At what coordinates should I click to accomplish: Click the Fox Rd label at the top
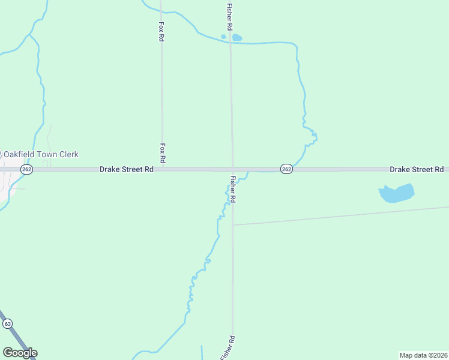[161, 31]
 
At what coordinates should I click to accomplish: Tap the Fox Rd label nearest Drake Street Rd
[163, 153]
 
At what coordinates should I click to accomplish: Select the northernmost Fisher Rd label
[229, 17]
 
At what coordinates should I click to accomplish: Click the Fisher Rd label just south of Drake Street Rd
[233, 188]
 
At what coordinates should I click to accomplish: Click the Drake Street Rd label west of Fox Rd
[127, 170]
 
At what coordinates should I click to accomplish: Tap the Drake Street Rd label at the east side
[417, 170]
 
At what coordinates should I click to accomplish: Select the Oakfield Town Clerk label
[42, 154]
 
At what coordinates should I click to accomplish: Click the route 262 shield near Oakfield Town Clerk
[26, 170]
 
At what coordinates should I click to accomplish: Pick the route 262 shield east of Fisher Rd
[286, 169]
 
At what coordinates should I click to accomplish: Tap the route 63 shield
[7, 323]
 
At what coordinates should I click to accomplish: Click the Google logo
[20, 353]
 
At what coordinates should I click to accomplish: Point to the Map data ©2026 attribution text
[423, 355]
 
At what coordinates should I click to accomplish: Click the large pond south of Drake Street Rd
[396, 193]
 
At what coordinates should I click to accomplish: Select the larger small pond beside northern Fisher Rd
[237, 38]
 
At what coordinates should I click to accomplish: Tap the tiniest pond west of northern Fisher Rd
[223, 37]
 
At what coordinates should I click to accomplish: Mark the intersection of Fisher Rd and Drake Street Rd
[233, 169]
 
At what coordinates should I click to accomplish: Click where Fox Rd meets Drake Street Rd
[162, 169]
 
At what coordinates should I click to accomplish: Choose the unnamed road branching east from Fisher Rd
[336, 217]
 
